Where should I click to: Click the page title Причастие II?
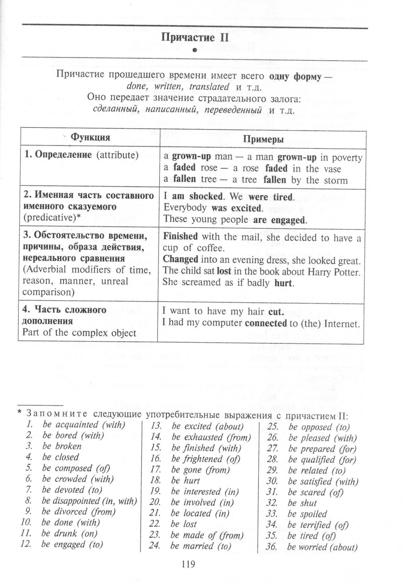(x=195, y=38)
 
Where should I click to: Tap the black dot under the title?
(x=194, y=51)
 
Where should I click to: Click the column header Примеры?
(x=263, y=139)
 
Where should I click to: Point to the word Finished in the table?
(x=180, y=236)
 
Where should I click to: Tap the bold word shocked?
(x=206, y=197)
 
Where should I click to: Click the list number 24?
(x=155, y=546)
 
